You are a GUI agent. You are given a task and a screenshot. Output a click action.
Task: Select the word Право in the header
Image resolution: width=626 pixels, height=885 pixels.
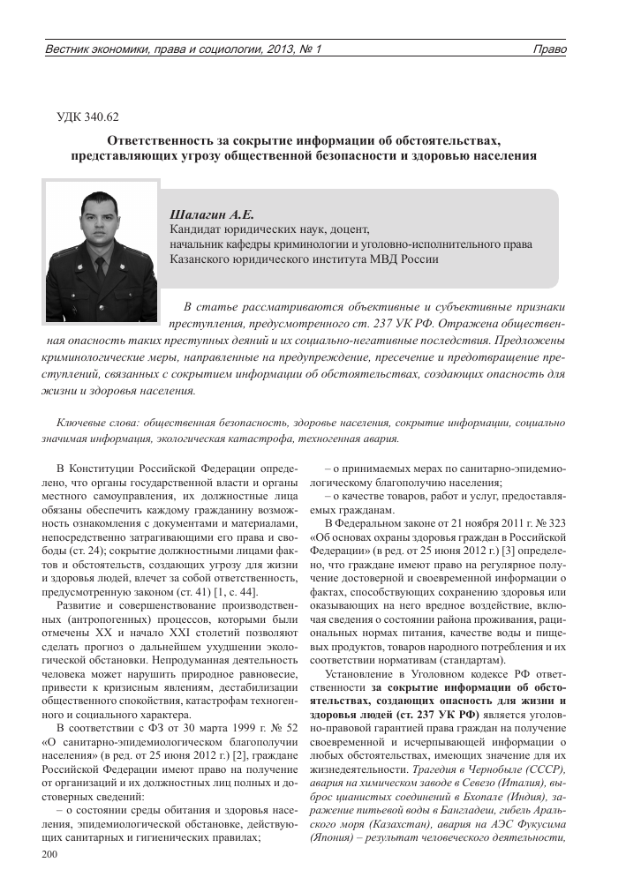pyautogui.click(x=549, y=49)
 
